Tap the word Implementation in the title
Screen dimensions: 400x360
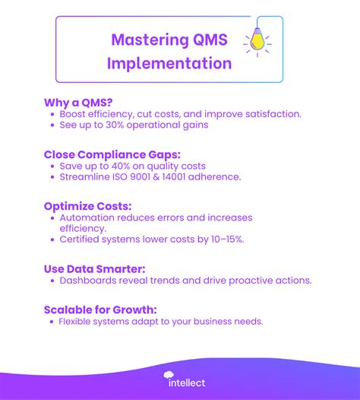point(169,63)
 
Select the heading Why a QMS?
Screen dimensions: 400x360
point(78,101)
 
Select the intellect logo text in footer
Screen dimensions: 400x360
point(186,382)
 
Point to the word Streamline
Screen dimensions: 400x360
point(90,177)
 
